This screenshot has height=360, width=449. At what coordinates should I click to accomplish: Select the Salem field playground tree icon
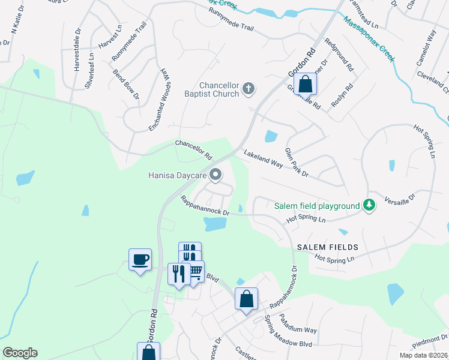(370, 206)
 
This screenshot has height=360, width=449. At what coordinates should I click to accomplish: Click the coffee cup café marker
(140, 260)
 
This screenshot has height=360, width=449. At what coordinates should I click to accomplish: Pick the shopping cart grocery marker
(194, 272)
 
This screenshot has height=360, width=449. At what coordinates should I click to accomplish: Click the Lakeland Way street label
(263, 159)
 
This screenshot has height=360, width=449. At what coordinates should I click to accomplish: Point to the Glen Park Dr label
(296, 163)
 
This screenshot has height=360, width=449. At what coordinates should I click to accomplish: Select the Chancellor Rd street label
(193, 150)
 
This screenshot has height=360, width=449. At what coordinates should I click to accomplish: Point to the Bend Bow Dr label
(126, 84)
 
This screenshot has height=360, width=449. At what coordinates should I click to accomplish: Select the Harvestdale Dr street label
(76, 56)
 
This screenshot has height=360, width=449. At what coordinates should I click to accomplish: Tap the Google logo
(20, 353)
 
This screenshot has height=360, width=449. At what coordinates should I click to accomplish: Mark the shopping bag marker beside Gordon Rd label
(305, 85)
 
